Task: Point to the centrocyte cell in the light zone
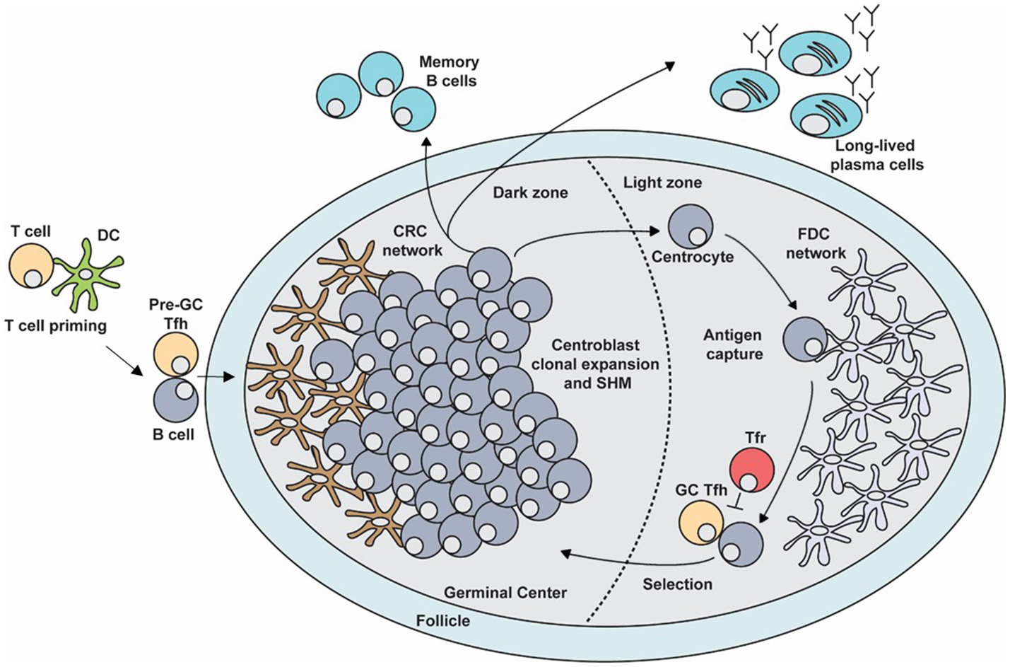coord(691,226)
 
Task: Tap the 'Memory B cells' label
coord(449,71)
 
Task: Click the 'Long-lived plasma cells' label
coord(876,156)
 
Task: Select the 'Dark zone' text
coord(530,192)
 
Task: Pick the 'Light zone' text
coord(662,182)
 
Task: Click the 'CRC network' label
coord(413,240)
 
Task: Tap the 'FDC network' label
coord(816,243)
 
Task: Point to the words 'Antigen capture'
coord(733,344)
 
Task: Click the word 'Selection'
coord(677,584)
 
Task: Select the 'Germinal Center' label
coord(505,592)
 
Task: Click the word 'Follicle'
coord(443,621)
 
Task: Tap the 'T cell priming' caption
coord(55,326)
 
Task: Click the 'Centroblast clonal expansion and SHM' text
coord(595,364)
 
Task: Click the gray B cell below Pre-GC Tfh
coord(175,400)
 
